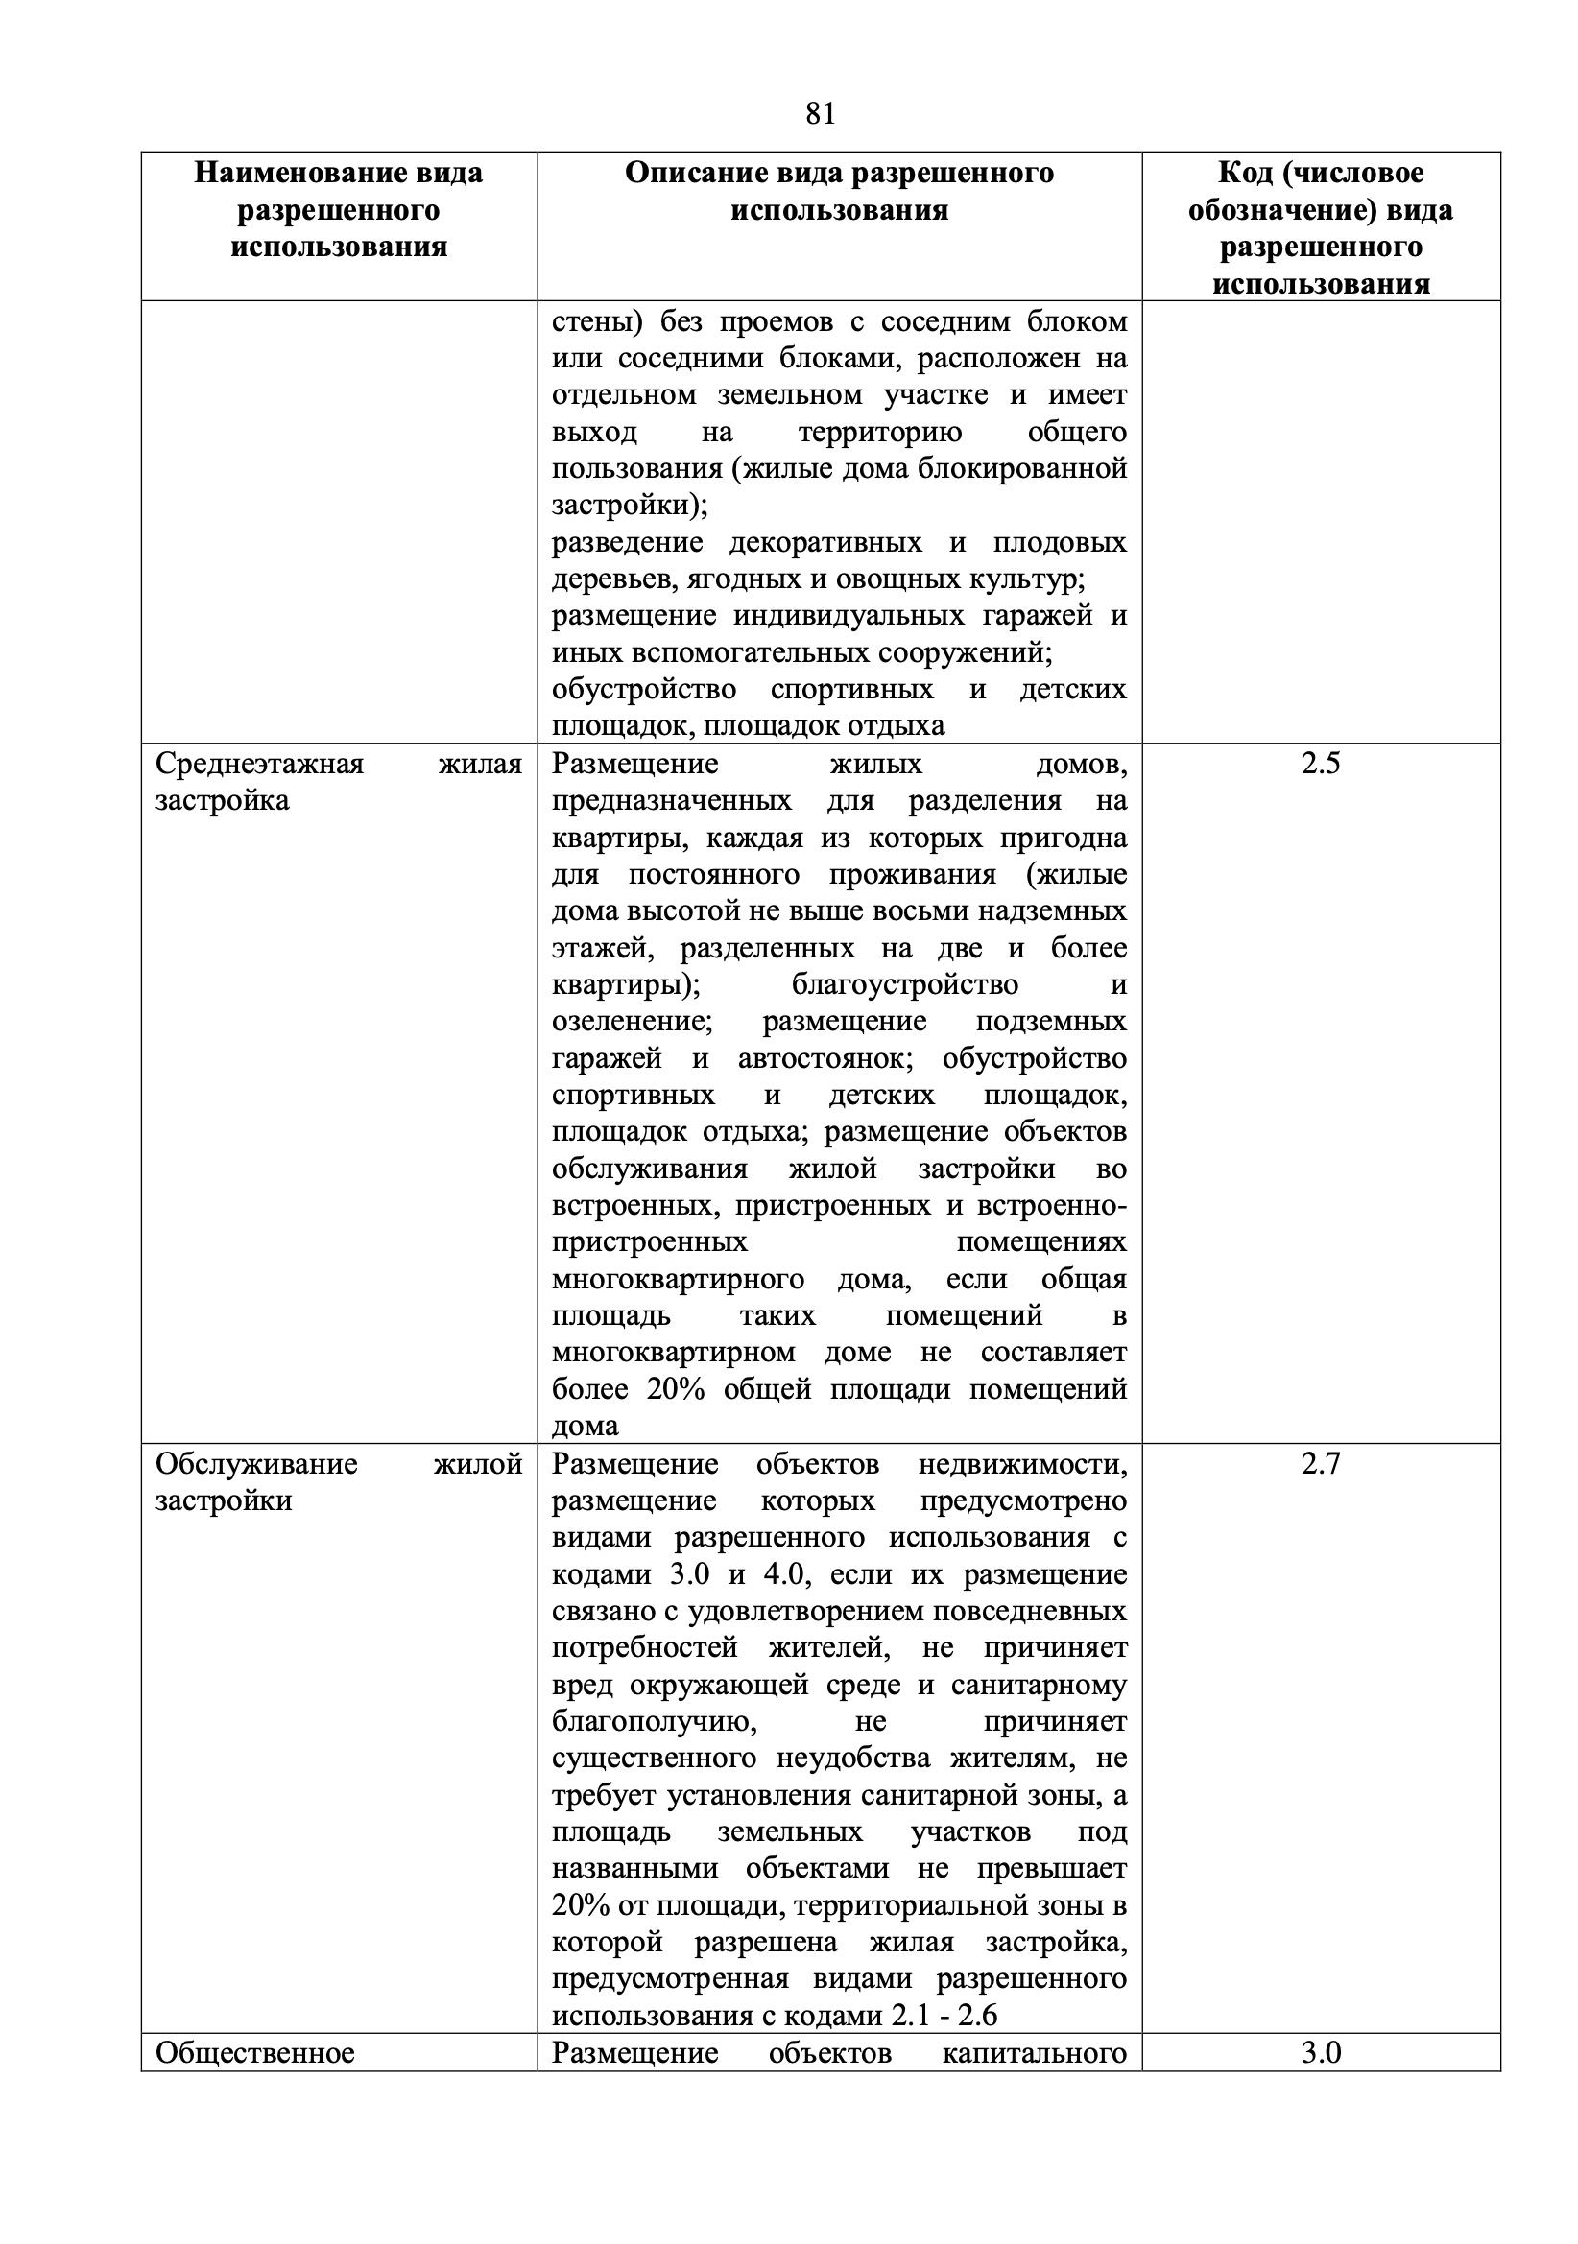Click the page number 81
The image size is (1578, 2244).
(821, 114)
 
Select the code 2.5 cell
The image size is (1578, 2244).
(1320, 764)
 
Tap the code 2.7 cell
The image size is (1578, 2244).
(1320, 1463)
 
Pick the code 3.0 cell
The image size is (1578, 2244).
(1320, 2051)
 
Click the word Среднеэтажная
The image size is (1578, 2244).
(259, 764)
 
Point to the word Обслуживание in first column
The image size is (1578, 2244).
(256, 1463)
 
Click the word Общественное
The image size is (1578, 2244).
(254, 2051)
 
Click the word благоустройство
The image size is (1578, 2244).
(904, 984)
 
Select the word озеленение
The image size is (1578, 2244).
(631, 1022)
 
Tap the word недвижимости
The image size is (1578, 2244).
(1021, 1463)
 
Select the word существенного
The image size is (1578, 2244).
(653, 1759)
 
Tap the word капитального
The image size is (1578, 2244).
(1034, 2051)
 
